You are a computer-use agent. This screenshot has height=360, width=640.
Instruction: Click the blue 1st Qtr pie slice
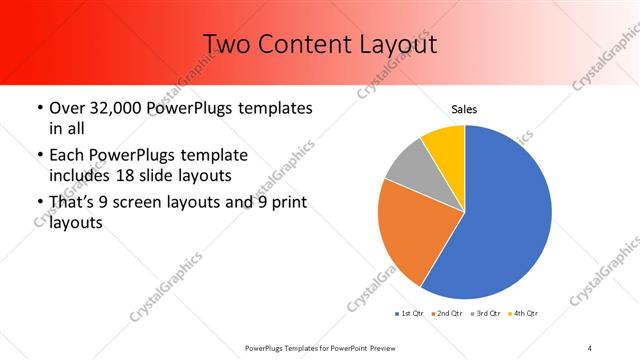click(x=505, y=215)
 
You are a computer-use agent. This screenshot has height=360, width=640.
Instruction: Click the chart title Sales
click(x=464, y=109)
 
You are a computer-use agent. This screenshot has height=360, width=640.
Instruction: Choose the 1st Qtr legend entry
click(x=410, y=314)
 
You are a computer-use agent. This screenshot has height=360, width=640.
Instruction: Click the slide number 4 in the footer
click(x=590, y=347)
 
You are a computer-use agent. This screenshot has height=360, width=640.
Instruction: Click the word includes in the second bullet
click(x=79, y=174)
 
